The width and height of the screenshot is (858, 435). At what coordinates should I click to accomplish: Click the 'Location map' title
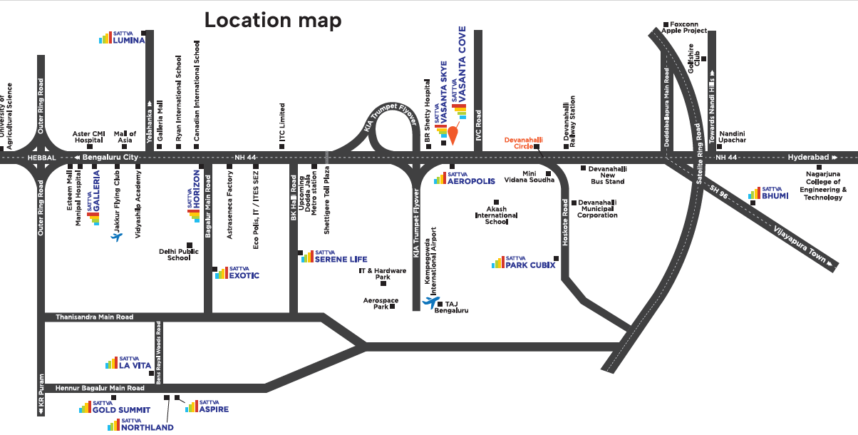[x=273, y=20]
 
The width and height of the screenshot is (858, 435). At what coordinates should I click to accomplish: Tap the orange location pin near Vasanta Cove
[x=453, y=134]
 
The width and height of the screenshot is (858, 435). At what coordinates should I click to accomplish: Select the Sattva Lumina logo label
[x=122, y=38]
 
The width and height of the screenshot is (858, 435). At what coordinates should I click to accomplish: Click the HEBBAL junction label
[x=42, y=158]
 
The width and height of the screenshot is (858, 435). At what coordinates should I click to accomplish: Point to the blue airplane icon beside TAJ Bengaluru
[x=431, y=302]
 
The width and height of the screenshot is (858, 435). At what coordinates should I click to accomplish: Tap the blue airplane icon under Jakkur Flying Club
[x=116, y=237]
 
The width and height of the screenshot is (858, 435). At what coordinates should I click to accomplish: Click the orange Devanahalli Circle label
[x=523, y=143]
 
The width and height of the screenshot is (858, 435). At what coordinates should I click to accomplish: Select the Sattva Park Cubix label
[x=524, y=262]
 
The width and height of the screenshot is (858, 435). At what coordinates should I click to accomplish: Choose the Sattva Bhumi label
[x=768, y=193]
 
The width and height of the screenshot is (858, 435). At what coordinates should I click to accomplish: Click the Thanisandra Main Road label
[x=95, y=317]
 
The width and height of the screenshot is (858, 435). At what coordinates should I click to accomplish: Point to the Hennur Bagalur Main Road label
[x=100, y=388]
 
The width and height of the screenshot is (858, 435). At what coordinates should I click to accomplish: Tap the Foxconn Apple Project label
[x=684, y=27]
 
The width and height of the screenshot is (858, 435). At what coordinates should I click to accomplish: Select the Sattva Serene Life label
[x=334, y=257]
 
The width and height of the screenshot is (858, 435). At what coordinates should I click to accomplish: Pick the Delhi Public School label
[x=179, y=255]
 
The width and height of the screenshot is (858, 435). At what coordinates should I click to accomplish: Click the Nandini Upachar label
[x=732, y=137]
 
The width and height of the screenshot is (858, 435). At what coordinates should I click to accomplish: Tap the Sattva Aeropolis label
[x=465, y=178]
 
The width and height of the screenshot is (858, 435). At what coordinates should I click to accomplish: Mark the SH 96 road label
[x=718, y=192]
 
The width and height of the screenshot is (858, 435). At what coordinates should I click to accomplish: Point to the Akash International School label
[x=497, y=215]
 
